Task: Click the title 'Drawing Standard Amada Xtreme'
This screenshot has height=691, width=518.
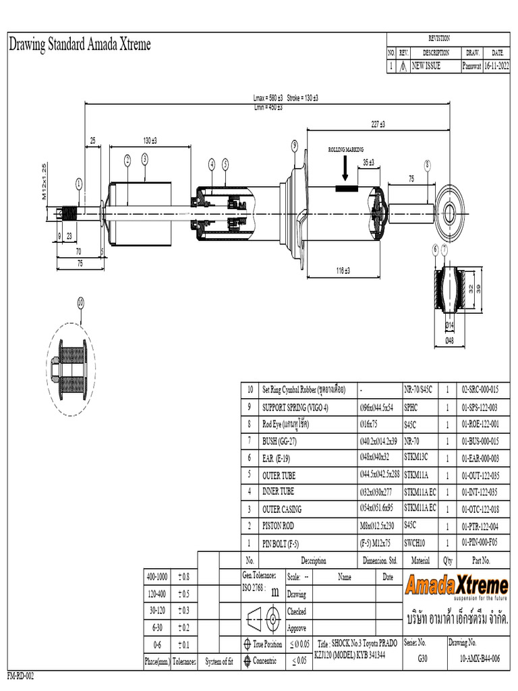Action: click(79, 45)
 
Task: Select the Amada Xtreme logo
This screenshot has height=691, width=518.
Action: click(457, 585)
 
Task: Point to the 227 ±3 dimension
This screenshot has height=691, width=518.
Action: click(378, 124)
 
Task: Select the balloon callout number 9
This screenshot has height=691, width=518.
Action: click(295, 145)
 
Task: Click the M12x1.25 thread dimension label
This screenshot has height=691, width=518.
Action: click(45, 182)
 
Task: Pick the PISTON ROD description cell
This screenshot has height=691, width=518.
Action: click(278, 526)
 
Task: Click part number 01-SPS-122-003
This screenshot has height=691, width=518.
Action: click(480, 407)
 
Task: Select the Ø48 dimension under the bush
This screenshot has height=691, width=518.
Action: click(449, 341)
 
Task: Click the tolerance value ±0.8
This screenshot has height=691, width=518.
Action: click(183, 577)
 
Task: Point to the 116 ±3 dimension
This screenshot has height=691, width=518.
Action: click(343, 271)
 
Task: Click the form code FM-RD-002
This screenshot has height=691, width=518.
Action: click(20, 676)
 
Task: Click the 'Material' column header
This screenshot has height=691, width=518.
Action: click(420, 560)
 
